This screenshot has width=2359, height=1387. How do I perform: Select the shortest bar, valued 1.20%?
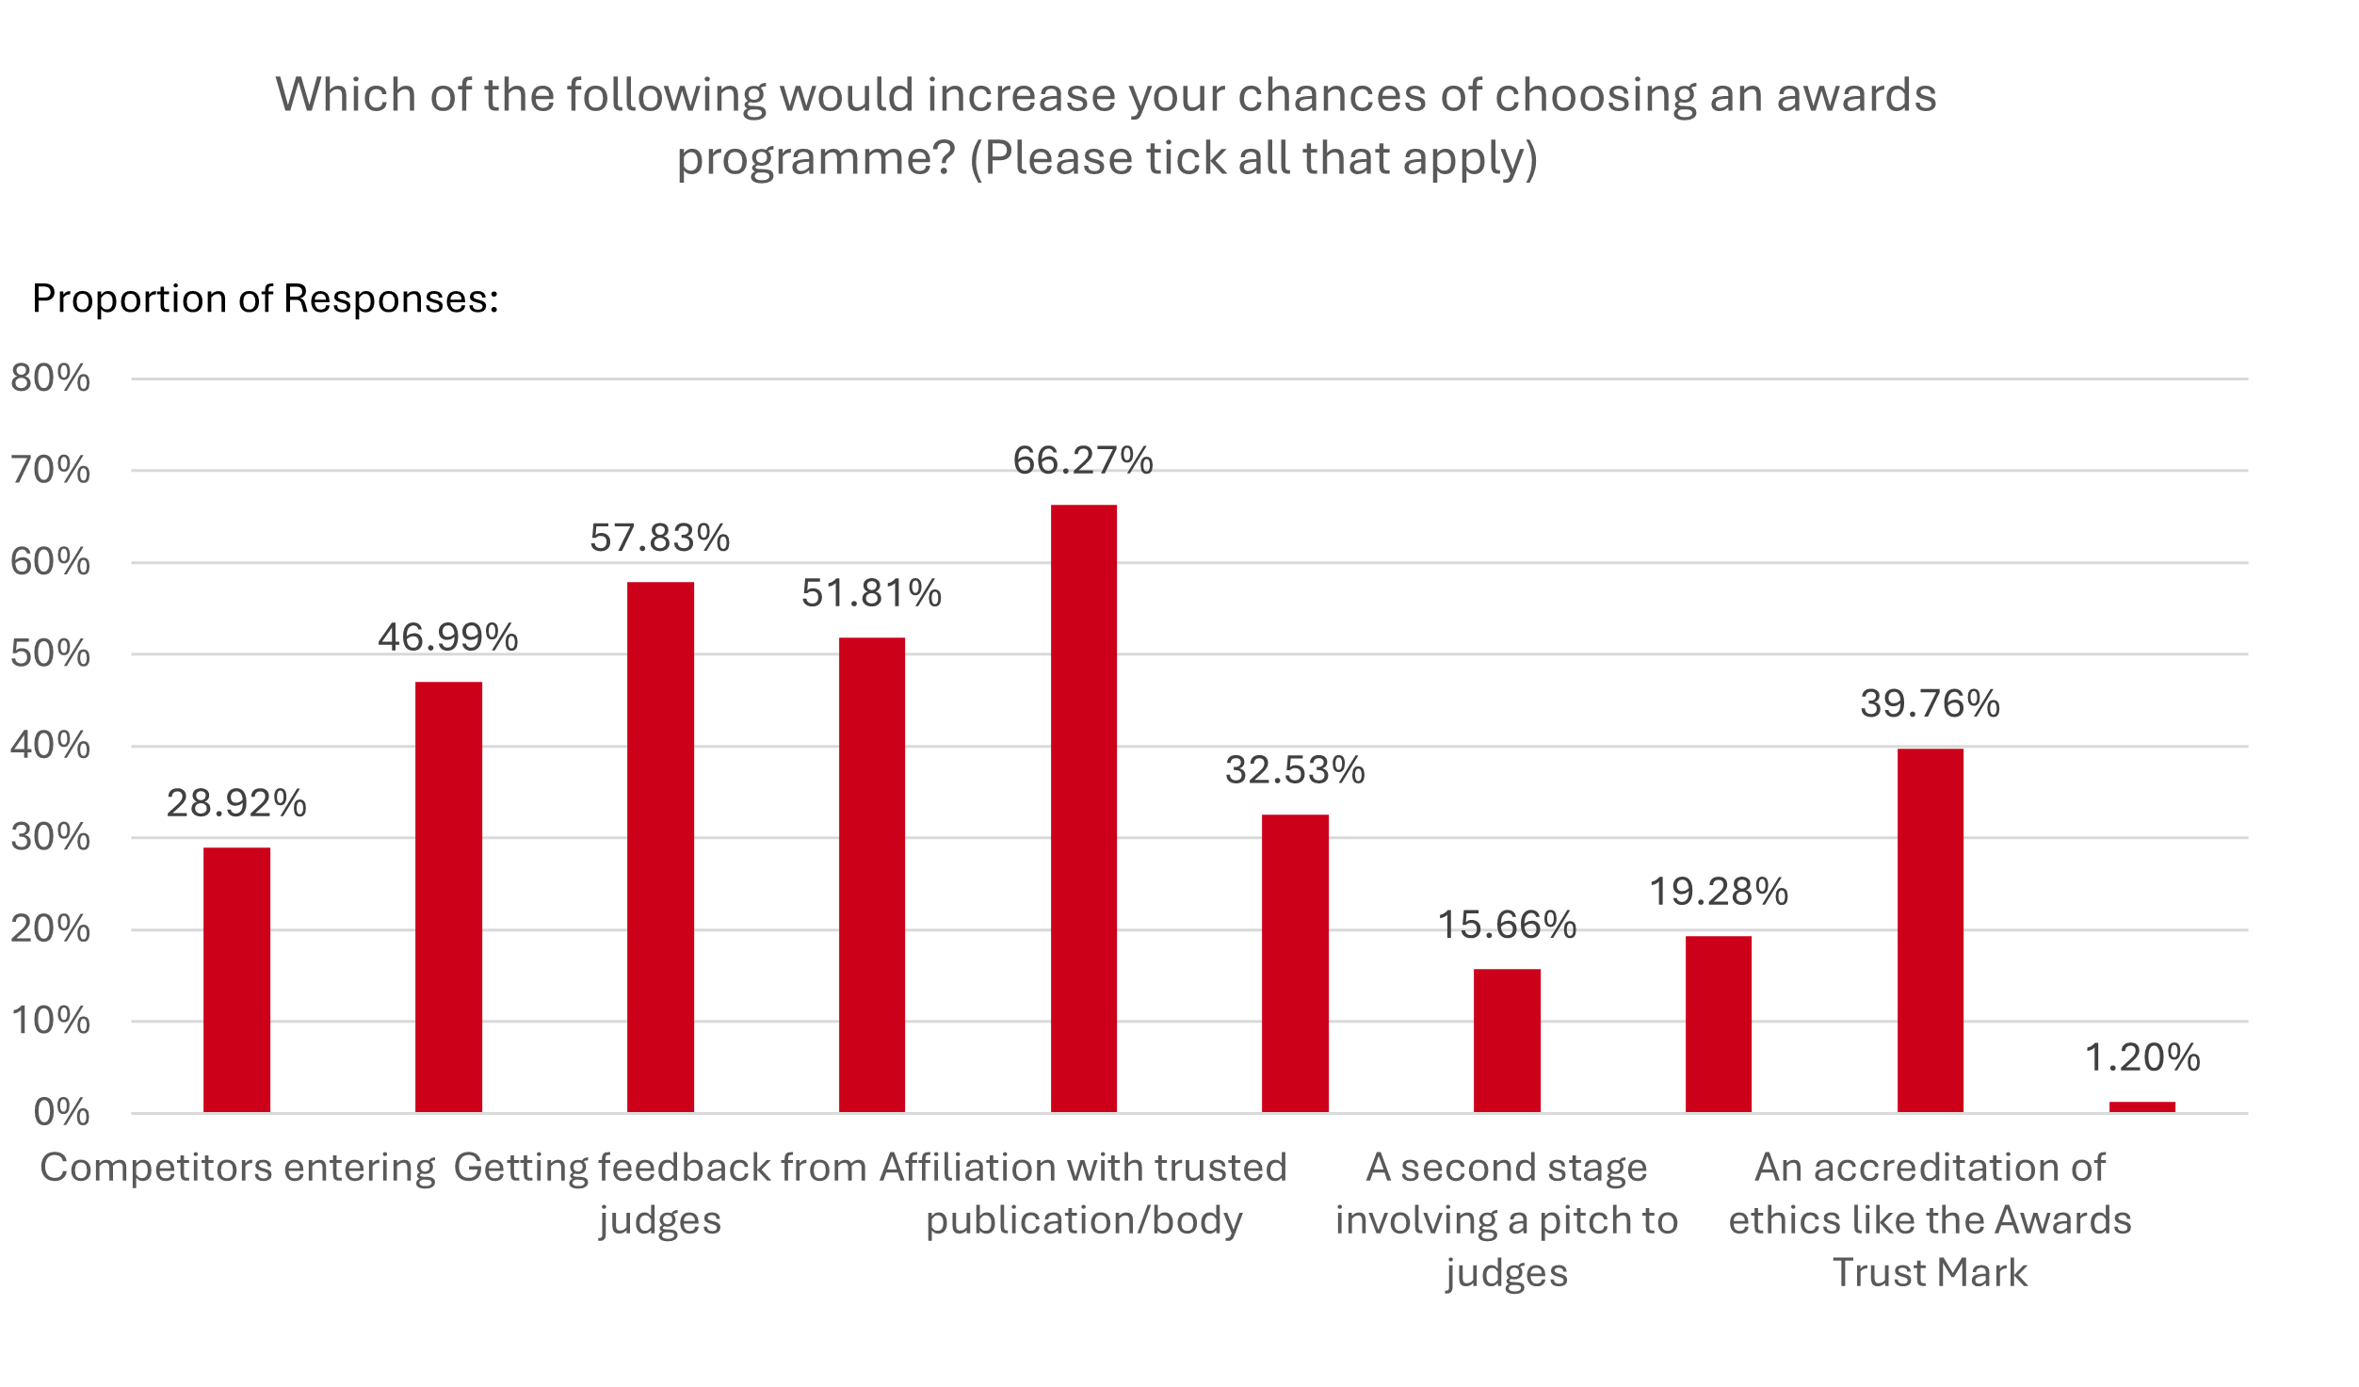tap(2141, 1106)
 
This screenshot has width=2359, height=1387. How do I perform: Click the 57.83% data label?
tap(659, 538)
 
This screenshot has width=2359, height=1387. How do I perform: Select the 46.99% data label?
tap(448, 637)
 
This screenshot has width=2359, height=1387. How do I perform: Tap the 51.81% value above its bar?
tap(871, 593)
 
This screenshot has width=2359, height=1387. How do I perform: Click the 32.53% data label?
tap(1295, 770)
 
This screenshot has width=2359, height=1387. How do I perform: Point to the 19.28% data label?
tap(1719, 892)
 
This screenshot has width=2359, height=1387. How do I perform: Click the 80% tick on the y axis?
tap(50, 379)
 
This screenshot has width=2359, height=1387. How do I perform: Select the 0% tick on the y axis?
tap(61, 1113)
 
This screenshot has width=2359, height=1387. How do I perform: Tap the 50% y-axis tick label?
tap(50, 653)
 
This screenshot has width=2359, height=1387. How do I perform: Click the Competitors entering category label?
tap(237, 1168)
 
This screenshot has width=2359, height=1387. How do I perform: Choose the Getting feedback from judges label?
tap(659, 1193)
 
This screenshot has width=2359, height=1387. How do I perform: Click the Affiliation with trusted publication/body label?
tap(1083, 1193)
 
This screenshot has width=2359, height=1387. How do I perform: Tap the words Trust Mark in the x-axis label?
tap(1930, 1273)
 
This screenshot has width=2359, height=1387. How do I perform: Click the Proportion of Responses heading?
tap(265, 298)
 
